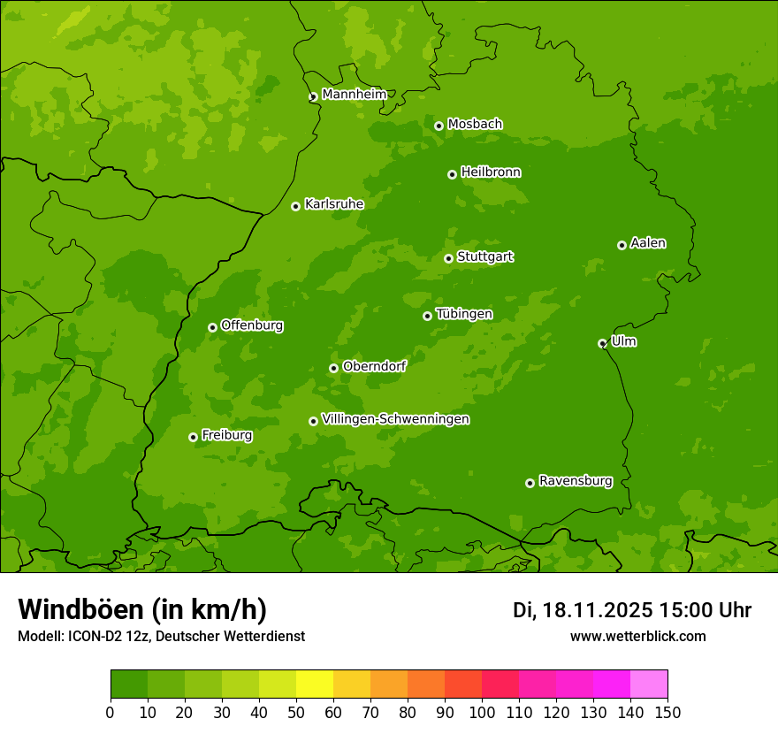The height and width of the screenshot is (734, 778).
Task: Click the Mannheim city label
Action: point(354,95)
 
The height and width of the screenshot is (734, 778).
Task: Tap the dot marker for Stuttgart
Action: point(448,258)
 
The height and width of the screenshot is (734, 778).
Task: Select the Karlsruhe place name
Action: point(333,204)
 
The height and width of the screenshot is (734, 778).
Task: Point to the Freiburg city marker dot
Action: point(193,437)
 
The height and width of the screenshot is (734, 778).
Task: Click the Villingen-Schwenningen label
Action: point(395,419)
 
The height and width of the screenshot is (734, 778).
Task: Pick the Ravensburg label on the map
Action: point(575,481)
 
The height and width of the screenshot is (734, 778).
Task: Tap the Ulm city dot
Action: point(602,343)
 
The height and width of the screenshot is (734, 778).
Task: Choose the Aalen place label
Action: point(647,243)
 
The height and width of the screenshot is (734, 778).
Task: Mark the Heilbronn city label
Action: point(491,172)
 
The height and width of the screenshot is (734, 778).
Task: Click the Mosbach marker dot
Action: point(439,126)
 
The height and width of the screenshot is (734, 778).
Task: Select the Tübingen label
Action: point(463,314)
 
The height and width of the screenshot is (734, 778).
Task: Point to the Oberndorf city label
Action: point(374,366)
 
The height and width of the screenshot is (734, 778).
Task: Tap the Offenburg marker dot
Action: point(212,327)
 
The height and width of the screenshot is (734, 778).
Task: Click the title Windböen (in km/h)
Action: point(142,609)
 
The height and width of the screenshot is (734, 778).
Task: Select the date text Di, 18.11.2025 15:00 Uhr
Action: point(631,610)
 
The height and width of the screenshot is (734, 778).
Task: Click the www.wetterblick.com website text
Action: point(637,636)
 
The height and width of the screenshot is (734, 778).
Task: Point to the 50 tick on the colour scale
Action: point(296,712)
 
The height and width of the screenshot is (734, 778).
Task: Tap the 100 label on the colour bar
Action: point(482,712)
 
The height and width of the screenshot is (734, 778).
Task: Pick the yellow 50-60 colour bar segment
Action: point(315,684)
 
